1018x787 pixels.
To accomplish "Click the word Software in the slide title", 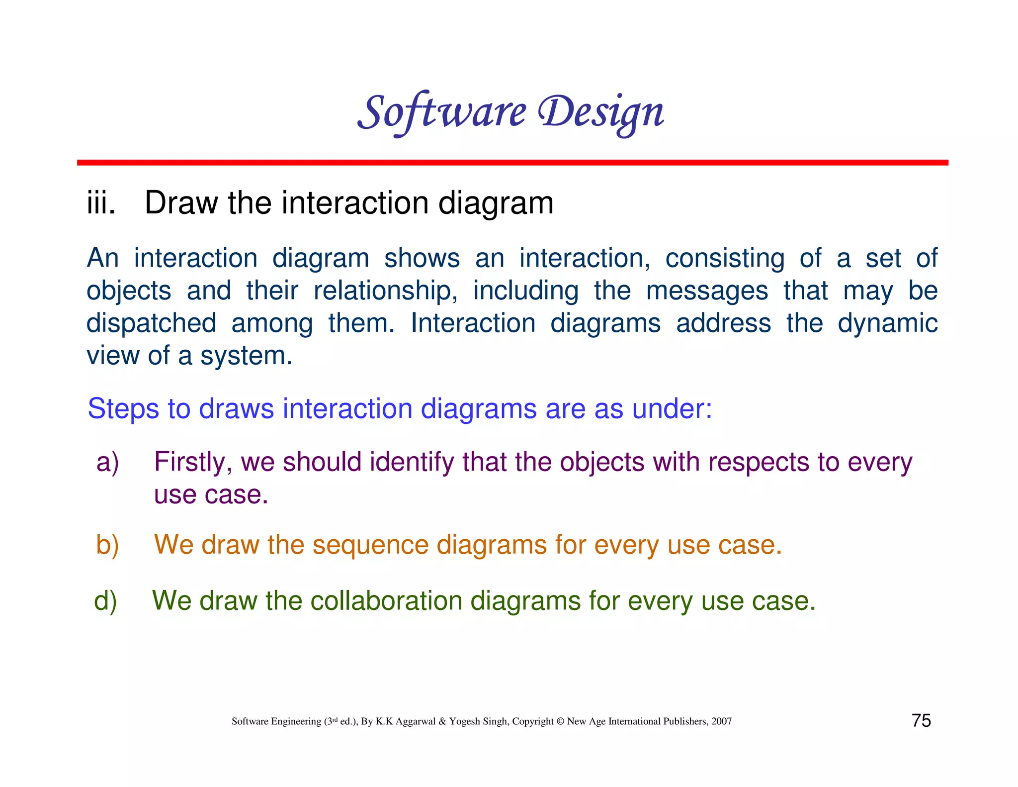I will pos(441,112).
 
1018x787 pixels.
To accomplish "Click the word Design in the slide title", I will pos(601,112).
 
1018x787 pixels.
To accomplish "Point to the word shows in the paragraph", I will pos(422,259).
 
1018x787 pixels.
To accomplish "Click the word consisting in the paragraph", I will pos(725,259).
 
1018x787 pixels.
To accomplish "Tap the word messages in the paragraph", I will pos(706,291).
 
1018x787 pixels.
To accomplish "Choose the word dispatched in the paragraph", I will pos(151,324).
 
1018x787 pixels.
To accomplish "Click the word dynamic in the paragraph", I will pos(887,324).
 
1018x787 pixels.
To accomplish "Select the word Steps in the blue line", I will pos(123,409).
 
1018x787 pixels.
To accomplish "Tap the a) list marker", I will pos(107,462).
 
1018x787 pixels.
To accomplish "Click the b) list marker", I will pos(107,545).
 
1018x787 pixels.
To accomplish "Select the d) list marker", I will pos(105,601).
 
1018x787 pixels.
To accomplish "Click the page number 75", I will pos(921,720).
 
